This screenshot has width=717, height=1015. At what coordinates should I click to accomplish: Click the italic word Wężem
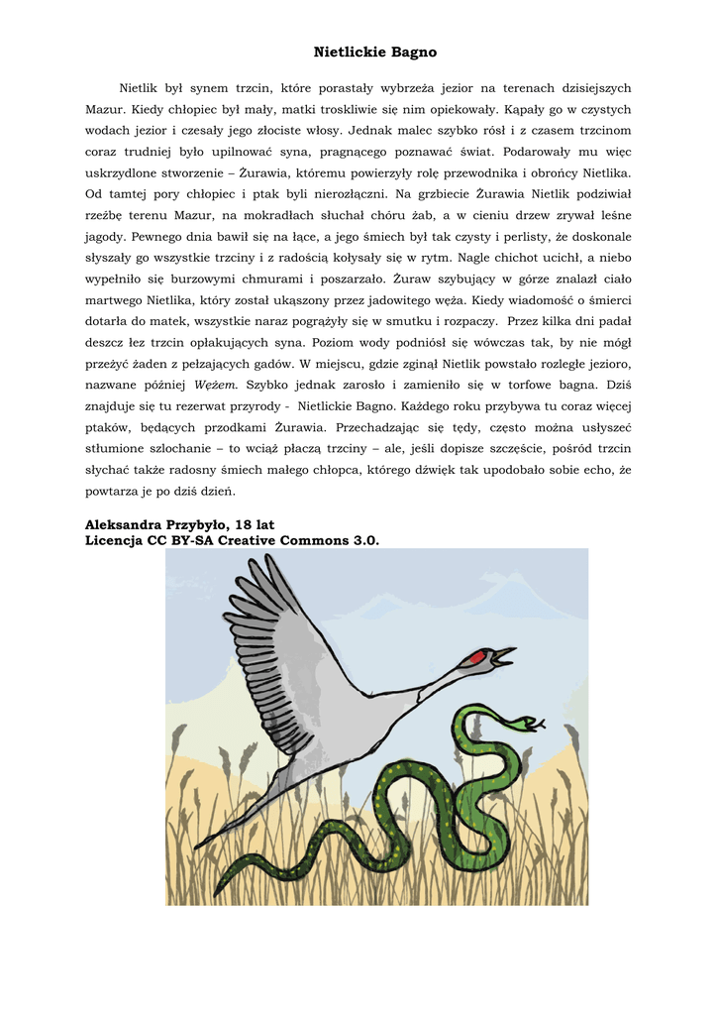216,385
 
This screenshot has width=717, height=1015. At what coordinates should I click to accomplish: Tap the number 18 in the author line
247,523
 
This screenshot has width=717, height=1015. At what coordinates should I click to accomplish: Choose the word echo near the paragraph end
594,470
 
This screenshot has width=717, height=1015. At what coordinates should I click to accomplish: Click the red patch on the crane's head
478,658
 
